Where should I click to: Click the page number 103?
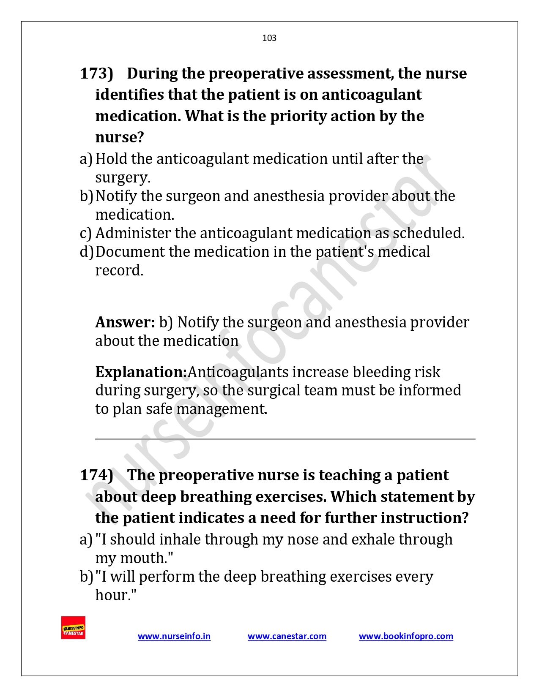(269, 38)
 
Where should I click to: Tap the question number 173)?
(96, 74)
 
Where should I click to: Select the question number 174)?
(96, 475)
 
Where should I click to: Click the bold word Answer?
(125, 322)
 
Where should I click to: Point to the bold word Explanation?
(141, 372)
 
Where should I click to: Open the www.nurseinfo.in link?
(174, 636)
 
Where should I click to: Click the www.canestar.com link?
(287, 636)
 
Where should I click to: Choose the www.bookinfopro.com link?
(406, 636)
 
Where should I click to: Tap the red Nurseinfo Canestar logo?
(73, 628)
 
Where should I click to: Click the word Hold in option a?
(111, 159)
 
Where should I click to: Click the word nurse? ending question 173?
(120, 137)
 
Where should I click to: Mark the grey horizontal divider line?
(285, 439)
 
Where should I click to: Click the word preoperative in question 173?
(255, 74)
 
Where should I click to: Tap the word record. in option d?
(119, 270)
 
